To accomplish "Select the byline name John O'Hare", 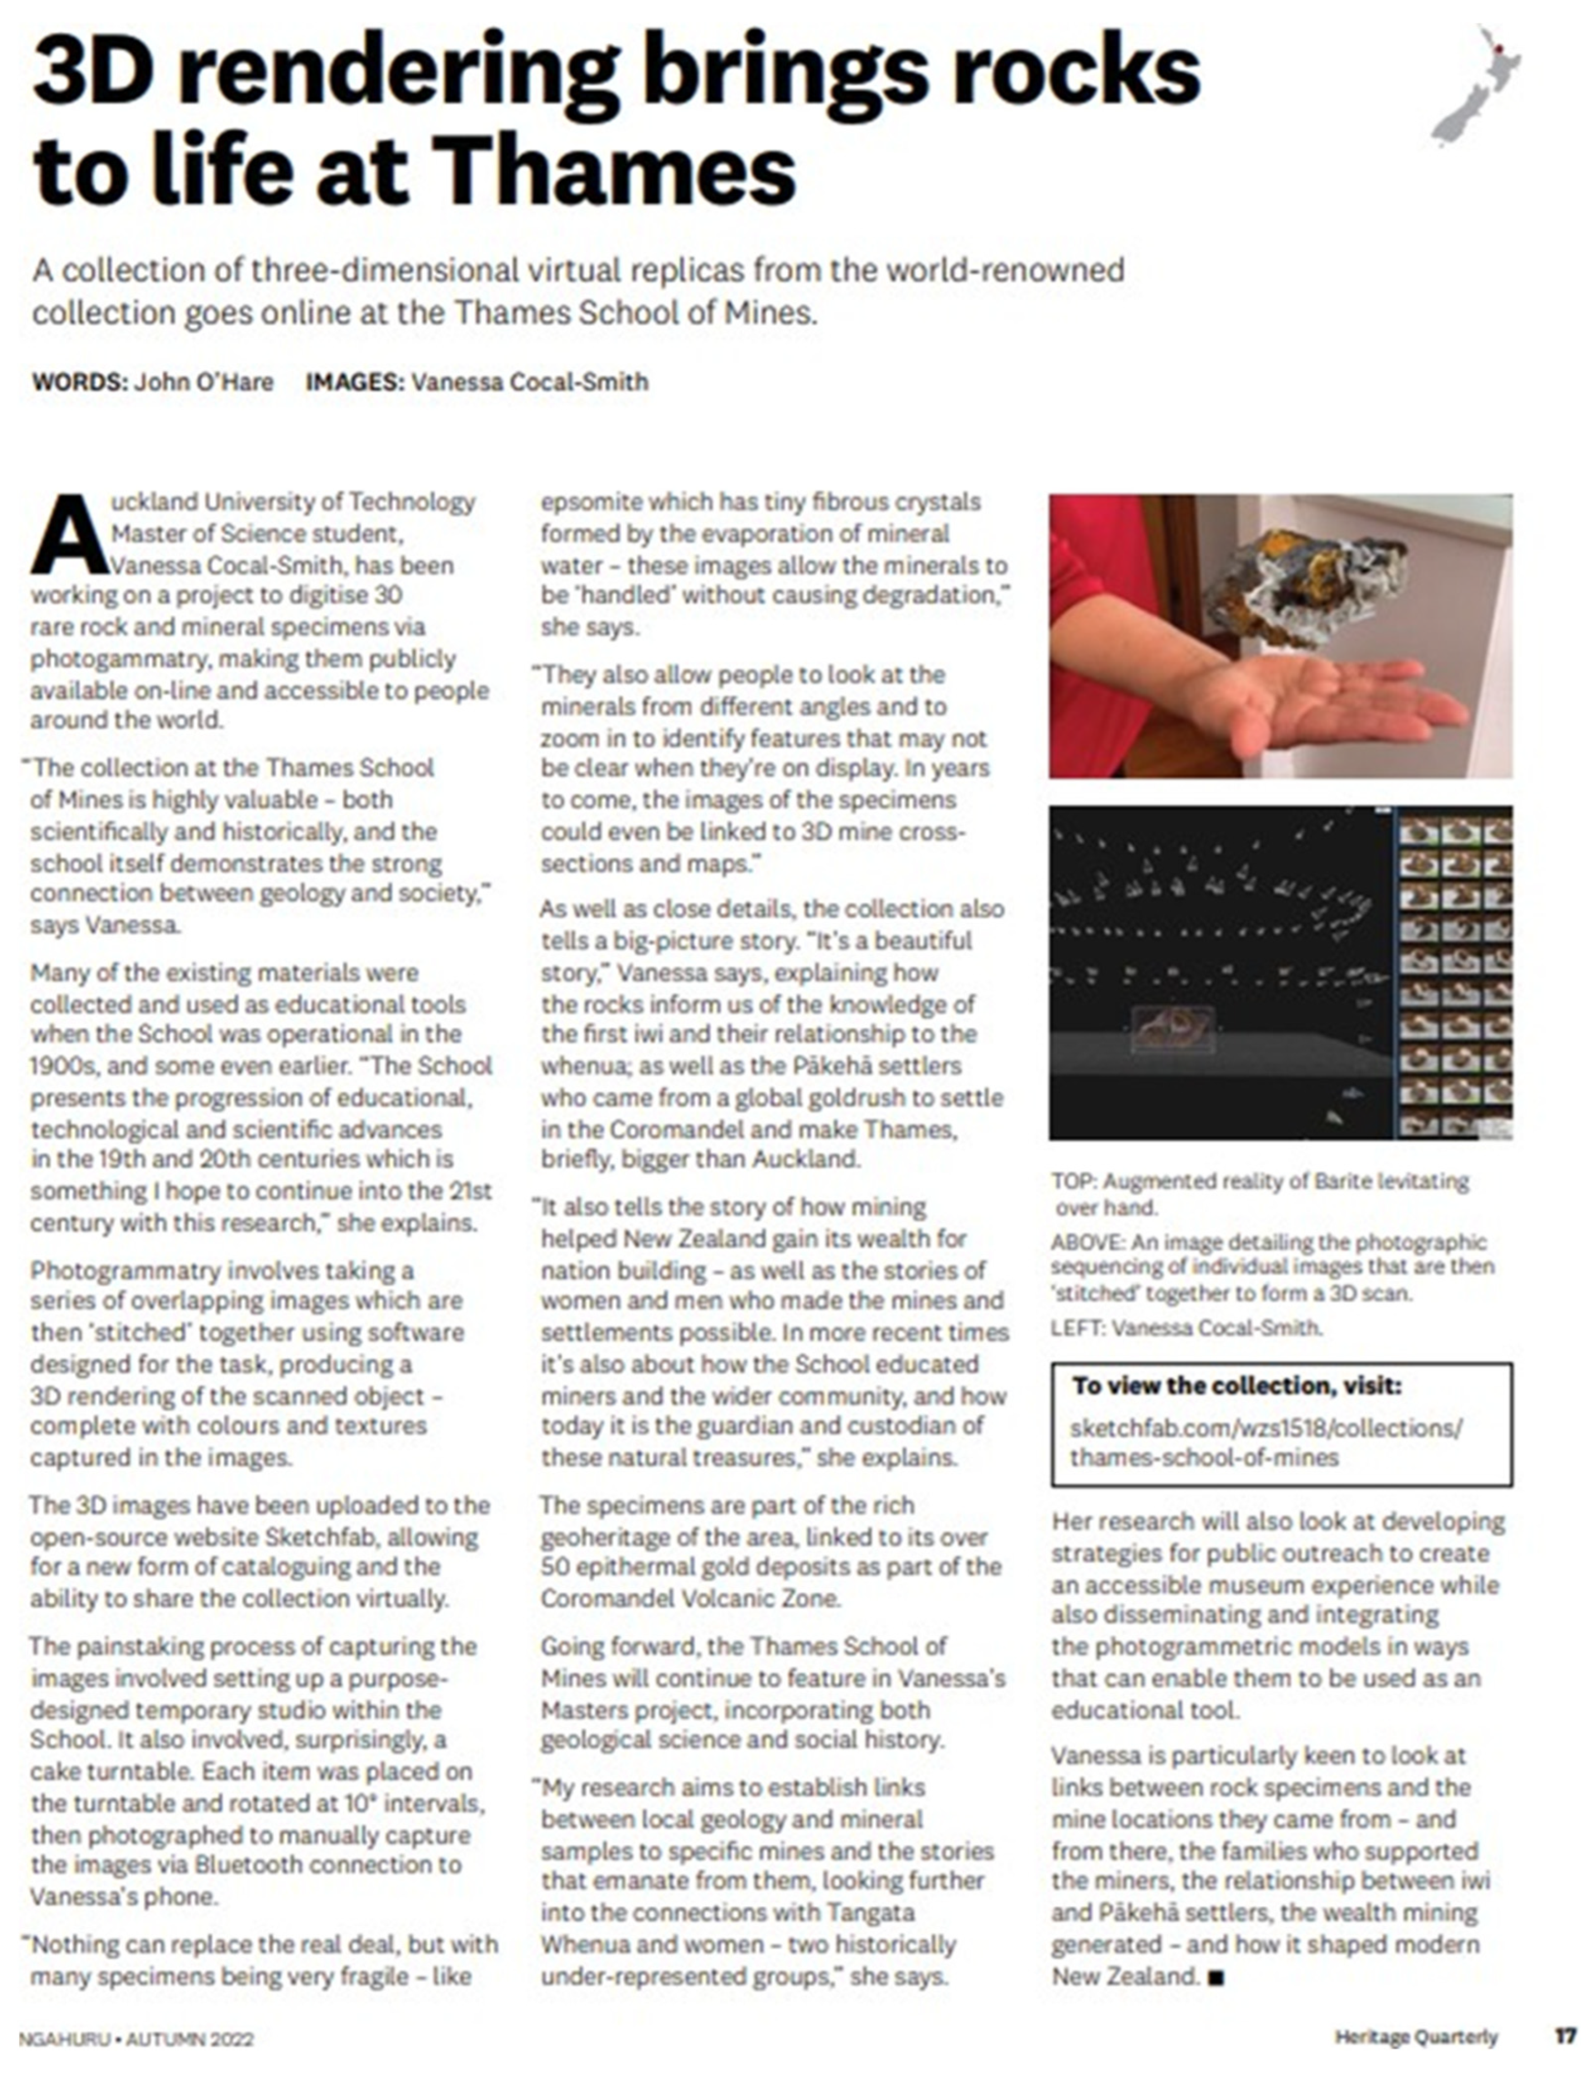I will point(203,382).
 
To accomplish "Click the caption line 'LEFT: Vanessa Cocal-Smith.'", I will point(1185,1327).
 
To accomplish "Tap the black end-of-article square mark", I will point(1217,1978).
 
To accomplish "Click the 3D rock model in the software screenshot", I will point(1172,1026).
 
